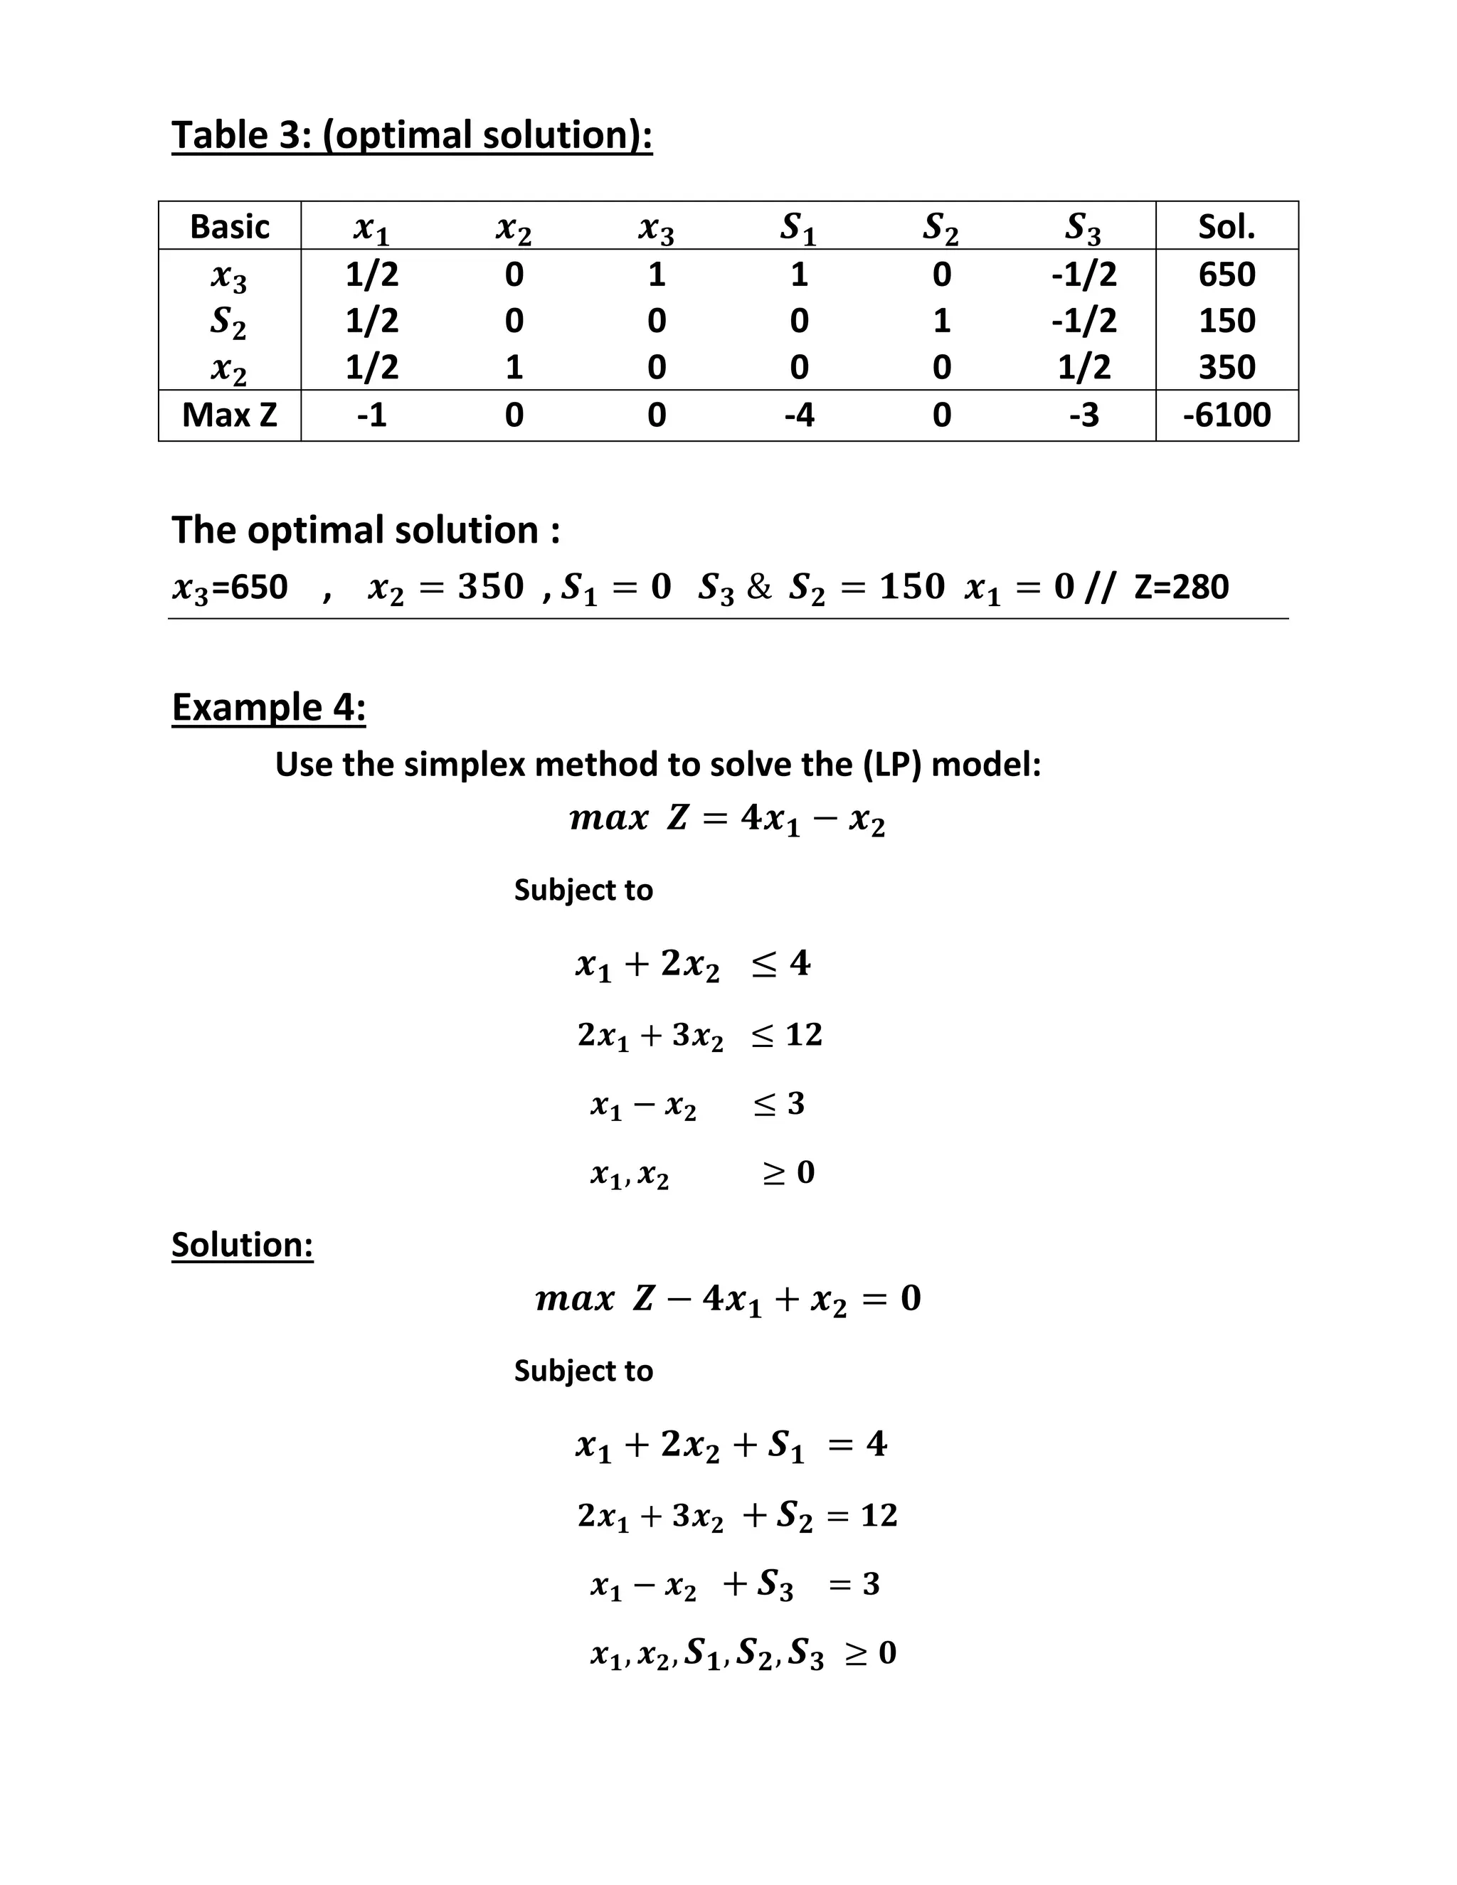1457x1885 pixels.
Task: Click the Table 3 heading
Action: click(412, 135)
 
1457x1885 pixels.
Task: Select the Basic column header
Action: click(230, 227)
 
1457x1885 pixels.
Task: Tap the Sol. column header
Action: click(1226, 227)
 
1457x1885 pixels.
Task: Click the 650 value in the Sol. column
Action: click(1226, 275)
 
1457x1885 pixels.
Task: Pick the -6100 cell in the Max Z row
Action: click(1226, 415)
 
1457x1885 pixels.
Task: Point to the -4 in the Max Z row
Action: click(799, 415)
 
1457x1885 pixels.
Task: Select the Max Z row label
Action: click(230, 415)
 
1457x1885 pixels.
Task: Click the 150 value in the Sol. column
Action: click(1226, 321)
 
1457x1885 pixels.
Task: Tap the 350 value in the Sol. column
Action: click(1226, 368)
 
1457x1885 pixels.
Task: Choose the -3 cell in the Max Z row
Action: click(1084, 415)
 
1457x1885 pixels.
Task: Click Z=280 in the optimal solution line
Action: click(1181, 587)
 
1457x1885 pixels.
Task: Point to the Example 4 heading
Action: click(268, 707)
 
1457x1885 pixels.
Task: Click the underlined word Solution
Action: click(242, 1245)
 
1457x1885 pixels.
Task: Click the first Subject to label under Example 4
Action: click(583, 890)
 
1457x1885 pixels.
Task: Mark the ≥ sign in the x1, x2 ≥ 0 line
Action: click(774, 1173)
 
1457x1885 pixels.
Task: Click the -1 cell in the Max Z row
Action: click(372, 415)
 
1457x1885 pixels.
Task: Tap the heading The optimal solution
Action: click(365, 530)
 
